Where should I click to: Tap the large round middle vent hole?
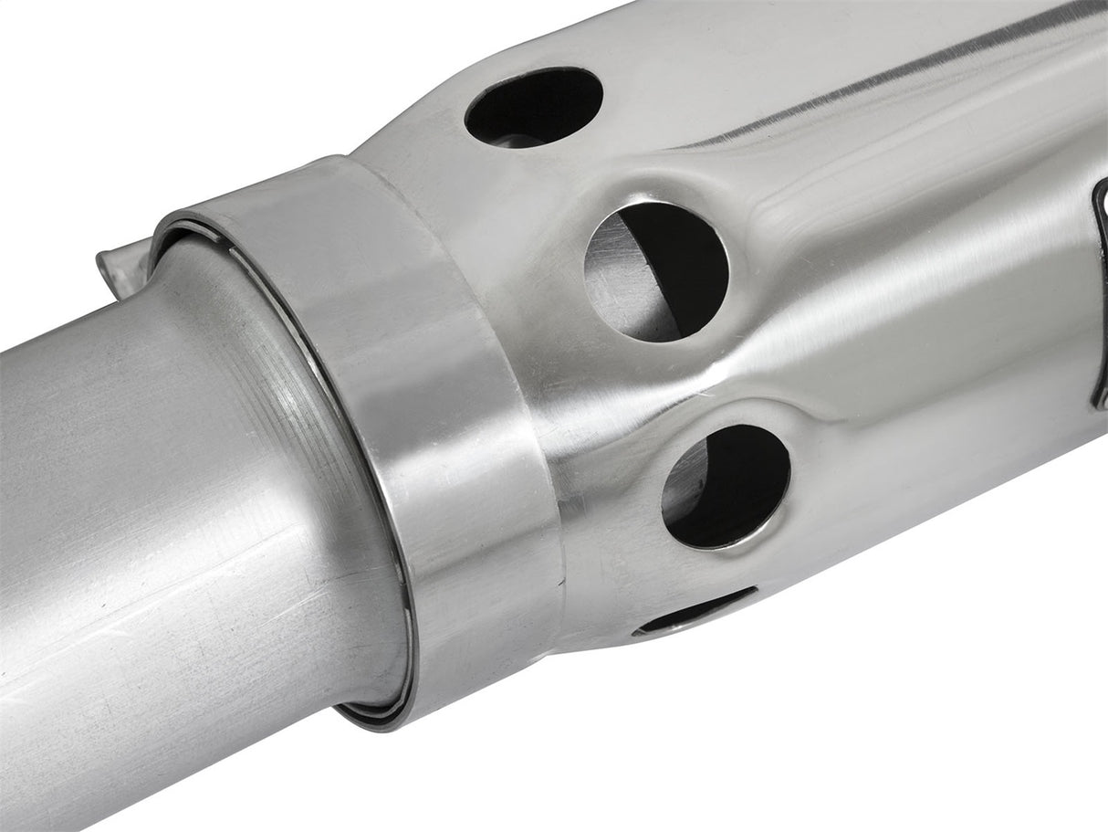657,271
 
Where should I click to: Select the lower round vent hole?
726,486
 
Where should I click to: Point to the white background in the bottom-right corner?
1004,749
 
